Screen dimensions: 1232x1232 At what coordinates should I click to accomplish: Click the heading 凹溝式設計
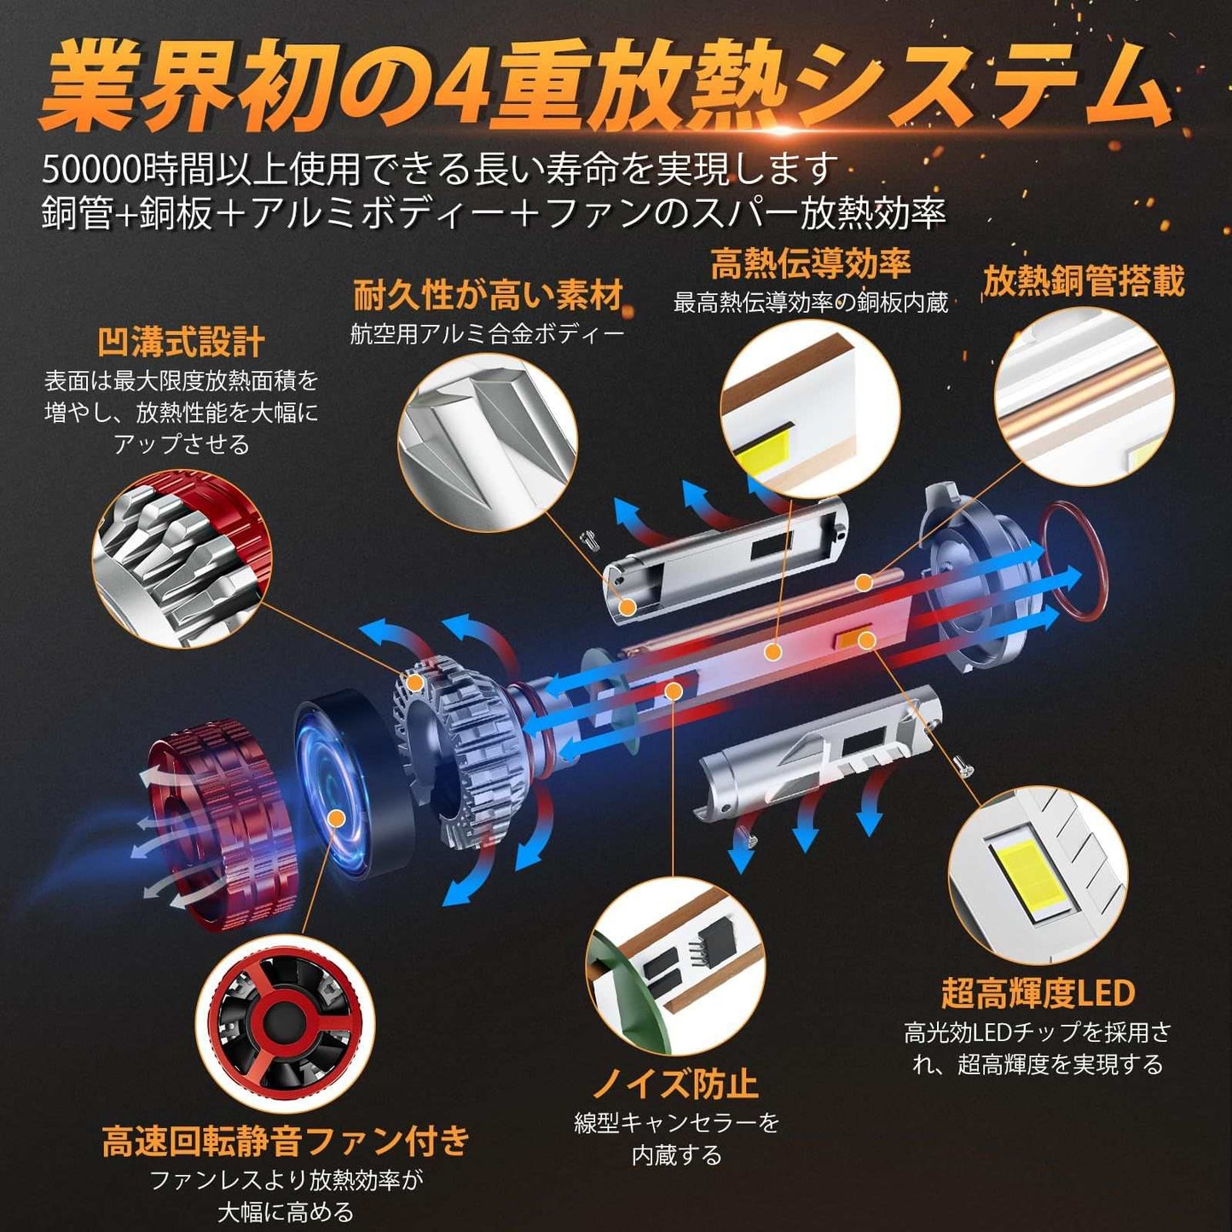(x=181, y=344)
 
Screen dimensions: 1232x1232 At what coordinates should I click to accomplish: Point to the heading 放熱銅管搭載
(x=1084, y=281)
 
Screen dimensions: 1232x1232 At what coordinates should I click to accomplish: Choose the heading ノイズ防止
(x=676, y=1083)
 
